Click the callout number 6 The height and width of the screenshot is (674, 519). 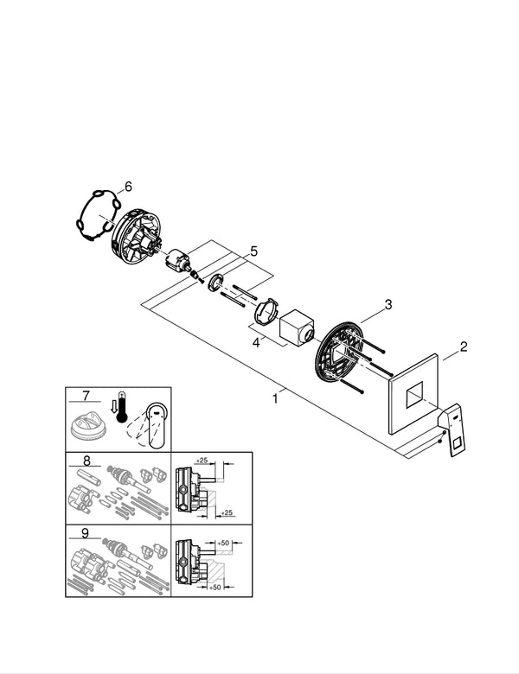pyautogui.click(x=128, y=186)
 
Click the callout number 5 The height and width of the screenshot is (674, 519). pyautogui.click(x=253, y=251)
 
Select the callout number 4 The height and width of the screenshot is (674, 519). pyautogui.click(x=256, y=343)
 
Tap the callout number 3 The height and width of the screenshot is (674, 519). pyautogui.click(x=388, y=304)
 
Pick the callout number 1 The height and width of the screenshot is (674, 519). pyautogui.click(x=275, y=398)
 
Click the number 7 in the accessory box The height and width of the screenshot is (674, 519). pyautogui.click(x=86, y=396)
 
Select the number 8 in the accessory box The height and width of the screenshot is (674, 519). pyautogui.click(x=86, y=461)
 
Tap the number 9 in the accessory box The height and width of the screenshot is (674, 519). pyautogui.click(x=86, y=534)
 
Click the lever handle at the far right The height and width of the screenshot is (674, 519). pyautogui.click(x=454, y=429)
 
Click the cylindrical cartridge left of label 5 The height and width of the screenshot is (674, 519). pyautogui.click(x=177, y=259)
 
